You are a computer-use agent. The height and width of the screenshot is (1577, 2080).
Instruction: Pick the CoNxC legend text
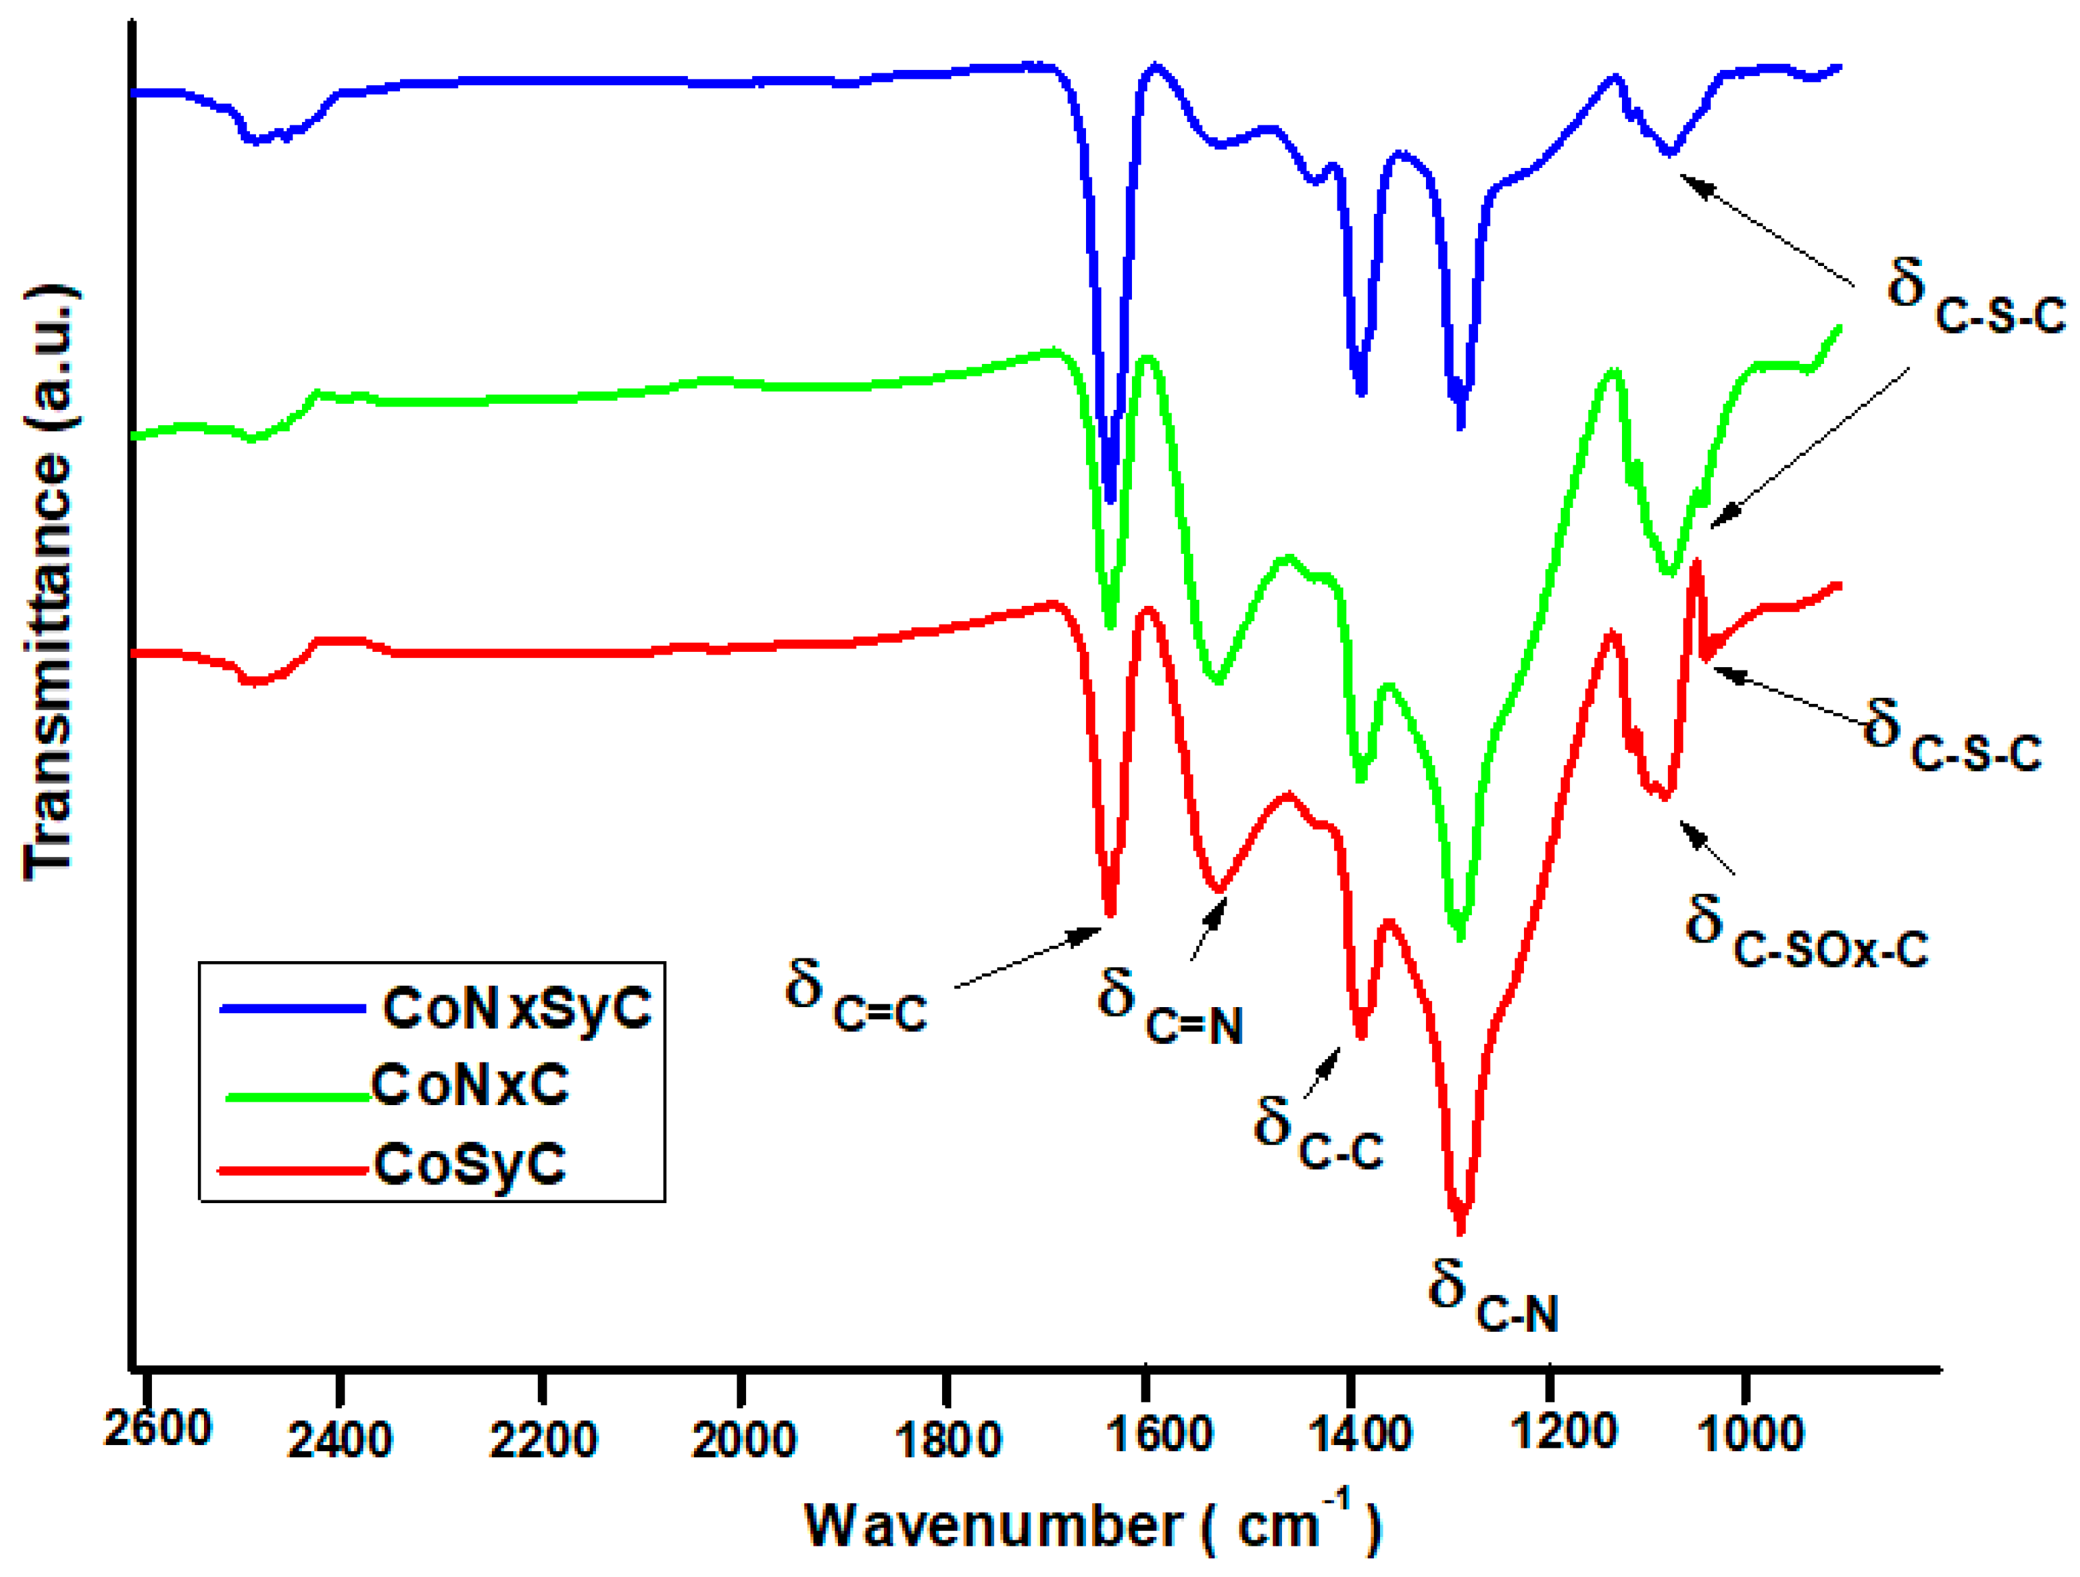tap(469, 1085)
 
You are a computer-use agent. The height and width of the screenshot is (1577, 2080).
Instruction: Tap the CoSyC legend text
tap(469, 1164)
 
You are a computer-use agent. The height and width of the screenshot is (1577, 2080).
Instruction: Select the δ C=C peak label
tap(856, 997)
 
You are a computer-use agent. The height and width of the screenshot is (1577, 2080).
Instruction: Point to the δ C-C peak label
tap(1317, 1134)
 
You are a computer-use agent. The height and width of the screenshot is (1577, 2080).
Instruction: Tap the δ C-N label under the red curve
tap(1493, 1298)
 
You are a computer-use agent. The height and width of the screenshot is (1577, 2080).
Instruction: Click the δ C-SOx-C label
tap(1805, 933)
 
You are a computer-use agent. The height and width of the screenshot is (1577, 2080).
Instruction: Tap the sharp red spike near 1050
tap(1697, 565)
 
